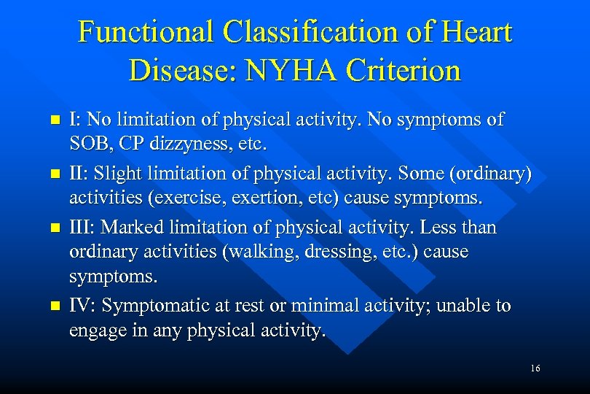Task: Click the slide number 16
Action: pyautogui.click(x=535, y=369)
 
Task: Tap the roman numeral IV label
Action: pyautogui.click(x=80, y=306)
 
